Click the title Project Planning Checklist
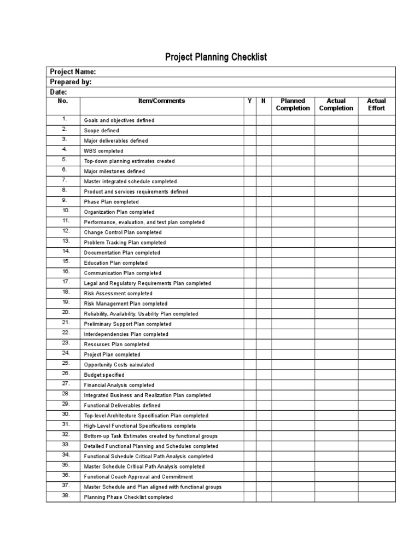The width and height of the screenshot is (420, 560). coord(217,57)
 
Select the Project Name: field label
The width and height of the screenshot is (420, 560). coord(73,72)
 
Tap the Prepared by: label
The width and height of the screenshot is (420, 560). coord(71,82)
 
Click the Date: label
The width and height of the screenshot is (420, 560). coord(59,92)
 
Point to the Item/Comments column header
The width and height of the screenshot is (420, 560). coord(161,101)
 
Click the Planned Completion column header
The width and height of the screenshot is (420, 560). coord(293,104)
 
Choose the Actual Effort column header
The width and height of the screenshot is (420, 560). coord(376,104)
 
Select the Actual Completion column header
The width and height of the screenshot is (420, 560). coord(336,104)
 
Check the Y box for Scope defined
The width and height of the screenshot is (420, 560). coord(249,131)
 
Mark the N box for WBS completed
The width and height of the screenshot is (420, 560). coord(263,151)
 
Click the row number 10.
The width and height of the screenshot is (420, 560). coord(66,211)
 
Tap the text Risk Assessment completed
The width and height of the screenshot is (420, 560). coord(118,294)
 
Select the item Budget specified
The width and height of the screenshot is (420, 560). coord(104,375)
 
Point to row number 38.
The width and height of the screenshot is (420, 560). coord(66,495)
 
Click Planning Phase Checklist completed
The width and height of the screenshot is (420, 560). coord(128,497)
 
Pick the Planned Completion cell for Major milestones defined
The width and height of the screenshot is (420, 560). coord(293,171)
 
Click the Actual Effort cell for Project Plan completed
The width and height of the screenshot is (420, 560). coord(376,354)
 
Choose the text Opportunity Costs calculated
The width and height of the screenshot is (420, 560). coord(119,365)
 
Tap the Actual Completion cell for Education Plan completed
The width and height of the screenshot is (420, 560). coord(336,263)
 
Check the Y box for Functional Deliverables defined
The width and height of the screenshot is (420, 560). coord(249,405)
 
